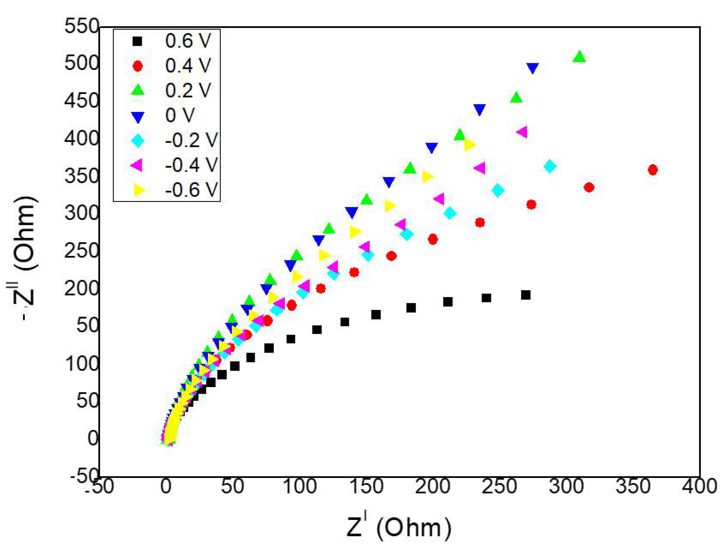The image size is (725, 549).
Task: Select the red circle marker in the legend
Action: click(x=138, y=66)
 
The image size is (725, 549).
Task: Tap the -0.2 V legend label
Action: click(x=191, y=140)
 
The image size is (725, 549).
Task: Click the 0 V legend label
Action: click(x=180, y=116)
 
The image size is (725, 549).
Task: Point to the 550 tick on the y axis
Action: click(x=81, y=26)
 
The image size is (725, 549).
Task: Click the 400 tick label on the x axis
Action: click(x=699, y=486)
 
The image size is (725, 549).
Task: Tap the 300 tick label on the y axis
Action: click(x=81, y=213)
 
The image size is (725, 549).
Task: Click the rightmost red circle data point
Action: click(x=652, y=170)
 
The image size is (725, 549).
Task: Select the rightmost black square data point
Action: click(x=525, y=295)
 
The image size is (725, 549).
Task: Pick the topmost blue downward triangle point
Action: click(x=533, y=68)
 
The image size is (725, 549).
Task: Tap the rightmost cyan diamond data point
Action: click(x=550, y=166)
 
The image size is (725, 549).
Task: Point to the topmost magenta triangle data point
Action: click(x=523, y=132)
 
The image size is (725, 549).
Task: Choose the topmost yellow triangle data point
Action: click(x=470, y=144)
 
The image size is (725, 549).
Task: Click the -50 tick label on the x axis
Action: click(x=99, y=486)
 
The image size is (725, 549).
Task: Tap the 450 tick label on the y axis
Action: click(x=81, y=101)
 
